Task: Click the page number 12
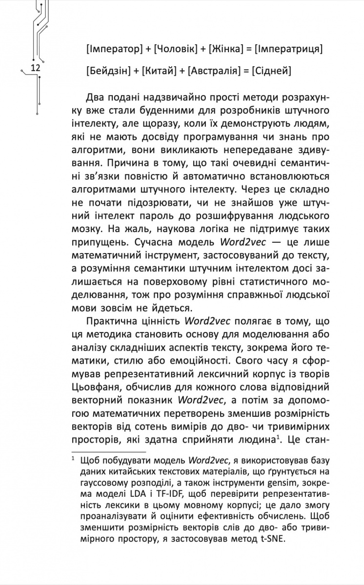click(x=35, y=68)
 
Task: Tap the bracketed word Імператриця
click(x=287, y=49)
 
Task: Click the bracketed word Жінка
click(x=226, y=49)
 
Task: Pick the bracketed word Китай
click(x=159, y=71)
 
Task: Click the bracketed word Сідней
click(x=271, y=71)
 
